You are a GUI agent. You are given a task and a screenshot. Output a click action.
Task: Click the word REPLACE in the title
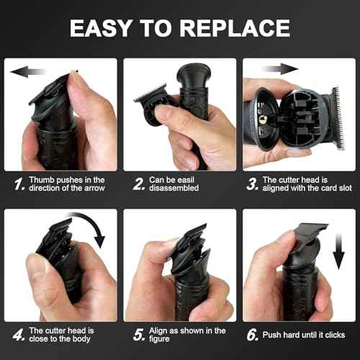(235, 28)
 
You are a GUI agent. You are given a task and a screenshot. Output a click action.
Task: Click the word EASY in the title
(101, 28)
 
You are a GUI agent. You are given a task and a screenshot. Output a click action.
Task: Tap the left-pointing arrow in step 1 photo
(28, 71)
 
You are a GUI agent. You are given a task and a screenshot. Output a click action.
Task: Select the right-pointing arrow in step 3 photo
(280, 69)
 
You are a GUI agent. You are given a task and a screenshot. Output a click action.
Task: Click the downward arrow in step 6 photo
(338, 251)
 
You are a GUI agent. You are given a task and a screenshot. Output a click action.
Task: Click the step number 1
(19, 184)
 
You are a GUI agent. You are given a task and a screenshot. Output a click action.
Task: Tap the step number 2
(139, 184)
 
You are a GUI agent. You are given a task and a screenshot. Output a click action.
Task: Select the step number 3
(253, 184)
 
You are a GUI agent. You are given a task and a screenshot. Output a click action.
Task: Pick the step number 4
(19, 335)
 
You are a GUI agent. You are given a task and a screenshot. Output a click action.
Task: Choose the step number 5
(139, 335)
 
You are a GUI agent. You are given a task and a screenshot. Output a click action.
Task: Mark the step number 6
(253, 335)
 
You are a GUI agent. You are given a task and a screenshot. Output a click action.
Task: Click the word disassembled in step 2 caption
(174, 188)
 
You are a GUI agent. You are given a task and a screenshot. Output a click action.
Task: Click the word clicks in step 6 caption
(335, 335)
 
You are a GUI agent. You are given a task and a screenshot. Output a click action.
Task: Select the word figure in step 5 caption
(159, 339)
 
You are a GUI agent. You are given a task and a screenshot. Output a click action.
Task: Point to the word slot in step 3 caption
(346, 188)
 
